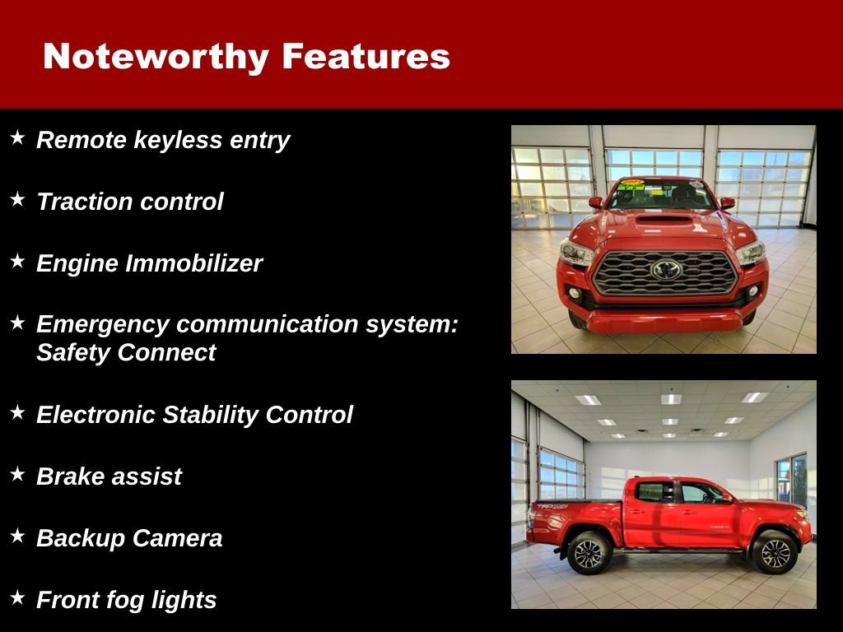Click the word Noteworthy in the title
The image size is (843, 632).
(156, 57)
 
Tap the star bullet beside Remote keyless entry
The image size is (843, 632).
(17, 137)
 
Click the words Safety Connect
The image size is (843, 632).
(126, 353)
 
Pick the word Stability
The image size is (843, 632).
(211, 415)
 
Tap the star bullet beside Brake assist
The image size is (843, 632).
(17, 474)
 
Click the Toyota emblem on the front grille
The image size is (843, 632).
(666, 269)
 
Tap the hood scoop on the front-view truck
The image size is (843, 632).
(664, 219)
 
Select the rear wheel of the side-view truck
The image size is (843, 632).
(589, 552)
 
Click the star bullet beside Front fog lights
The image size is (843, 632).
(17, 597)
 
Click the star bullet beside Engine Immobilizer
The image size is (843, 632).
(17, 261)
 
